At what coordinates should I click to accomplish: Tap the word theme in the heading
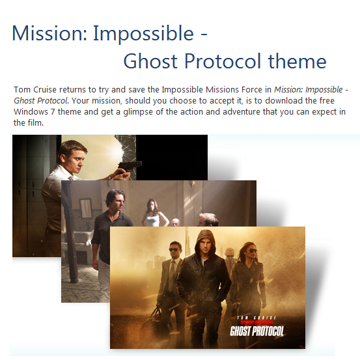[297, 61]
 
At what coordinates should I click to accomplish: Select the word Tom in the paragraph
[20, 89]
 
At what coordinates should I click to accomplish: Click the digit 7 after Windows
[54, 112]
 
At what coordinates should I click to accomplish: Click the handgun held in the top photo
[126, 158]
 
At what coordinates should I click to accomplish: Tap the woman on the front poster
[249, 267]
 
